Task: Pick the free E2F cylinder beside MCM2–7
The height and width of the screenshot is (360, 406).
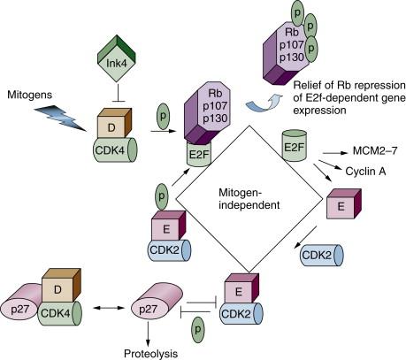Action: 296,146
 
